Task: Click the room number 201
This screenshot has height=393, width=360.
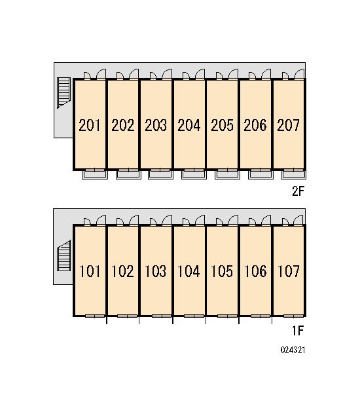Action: click(x=90, y=125)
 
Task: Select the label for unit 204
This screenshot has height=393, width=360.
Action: click(x=189, y=125)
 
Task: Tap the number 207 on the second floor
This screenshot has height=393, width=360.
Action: click(x=288, y=125)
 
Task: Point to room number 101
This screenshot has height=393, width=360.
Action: click(x=90, y=271)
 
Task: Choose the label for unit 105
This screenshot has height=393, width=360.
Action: click(x=222, y=271)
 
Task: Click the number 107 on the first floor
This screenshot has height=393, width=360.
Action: click(x=289, y=271)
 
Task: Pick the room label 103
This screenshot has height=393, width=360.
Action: click(x=155, y=271)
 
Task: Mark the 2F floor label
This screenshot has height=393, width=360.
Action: click(x=298, y=191)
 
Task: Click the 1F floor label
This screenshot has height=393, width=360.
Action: click(x=298, y=331)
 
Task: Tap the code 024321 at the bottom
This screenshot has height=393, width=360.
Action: click(x=293, y=350)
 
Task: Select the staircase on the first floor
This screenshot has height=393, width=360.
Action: click(x=63, y=255)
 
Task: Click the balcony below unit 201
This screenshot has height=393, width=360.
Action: click(x=95, y=175)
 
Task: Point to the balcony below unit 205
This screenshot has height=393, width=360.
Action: click(x=227, y=175)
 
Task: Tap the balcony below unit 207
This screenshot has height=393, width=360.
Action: click(x=293, y=175)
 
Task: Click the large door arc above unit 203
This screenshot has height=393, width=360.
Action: click(x=166, y=73)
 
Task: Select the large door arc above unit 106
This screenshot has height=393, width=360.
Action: click(x=266, y=220)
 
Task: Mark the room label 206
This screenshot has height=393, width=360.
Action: click(x=255, y=125)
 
